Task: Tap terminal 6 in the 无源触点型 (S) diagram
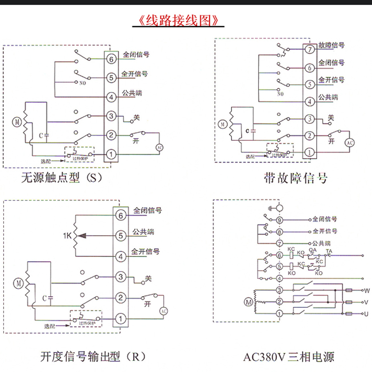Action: click(111, 59)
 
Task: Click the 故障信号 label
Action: click(331, 46)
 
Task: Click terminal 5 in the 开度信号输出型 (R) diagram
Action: click(120, 236)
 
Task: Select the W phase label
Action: click(367, 291)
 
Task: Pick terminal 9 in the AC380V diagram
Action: click(279, 220)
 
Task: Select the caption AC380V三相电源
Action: click(288, 357)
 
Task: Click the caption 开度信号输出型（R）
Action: click(93, 357)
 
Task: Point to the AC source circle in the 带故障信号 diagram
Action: click(350, 143)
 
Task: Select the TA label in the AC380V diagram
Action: click(329, 252)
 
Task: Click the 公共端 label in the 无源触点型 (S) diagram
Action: click(133, 93)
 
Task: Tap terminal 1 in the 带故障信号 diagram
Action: click(309, 152)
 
